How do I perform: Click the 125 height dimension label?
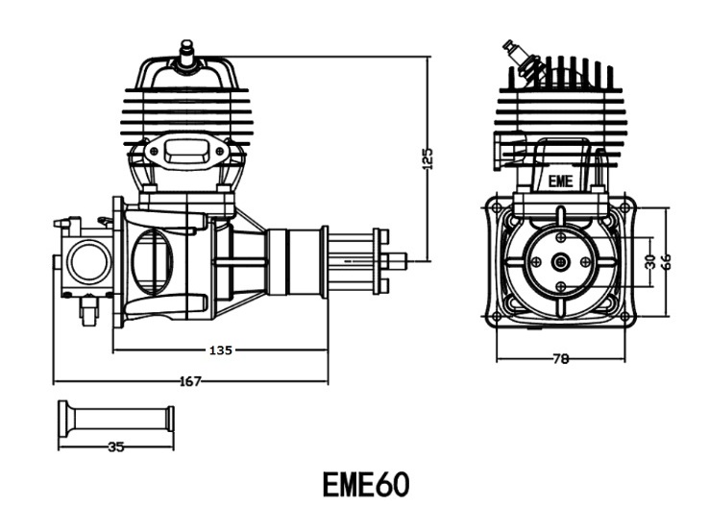point(428,157)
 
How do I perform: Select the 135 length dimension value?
point(220,350)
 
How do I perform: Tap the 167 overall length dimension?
point(190,381)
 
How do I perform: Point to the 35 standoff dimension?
point(116,447)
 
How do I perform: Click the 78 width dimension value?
point(561,359)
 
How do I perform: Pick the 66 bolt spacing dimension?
point(666,261)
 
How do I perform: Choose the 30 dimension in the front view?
point(650,261)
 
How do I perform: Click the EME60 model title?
point(366,485)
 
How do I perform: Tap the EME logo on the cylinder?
point(560,181)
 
